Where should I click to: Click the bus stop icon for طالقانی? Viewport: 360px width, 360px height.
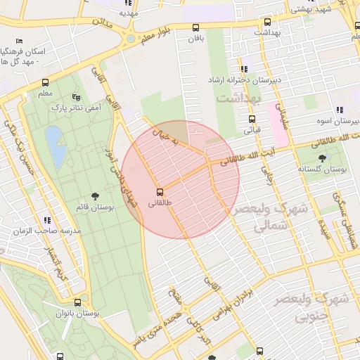160,191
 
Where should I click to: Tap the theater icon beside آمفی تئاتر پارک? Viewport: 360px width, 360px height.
77,97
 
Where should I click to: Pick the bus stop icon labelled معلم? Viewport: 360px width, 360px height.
46,82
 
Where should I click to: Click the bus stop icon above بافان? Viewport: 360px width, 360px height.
195,27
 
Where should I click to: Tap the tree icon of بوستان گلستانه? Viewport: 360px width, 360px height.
323,158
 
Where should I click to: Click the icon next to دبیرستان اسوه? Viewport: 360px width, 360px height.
340,110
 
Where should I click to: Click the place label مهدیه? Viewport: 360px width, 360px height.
129,12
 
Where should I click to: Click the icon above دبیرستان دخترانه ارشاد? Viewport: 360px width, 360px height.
245,69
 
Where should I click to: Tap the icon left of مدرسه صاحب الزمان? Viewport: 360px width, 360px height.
46,220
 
